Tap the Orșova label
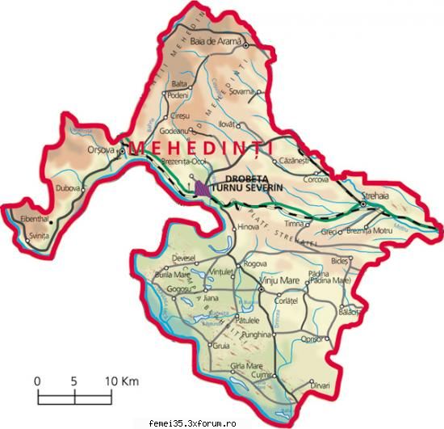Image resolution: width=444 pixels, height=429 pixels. (x=101, y=150)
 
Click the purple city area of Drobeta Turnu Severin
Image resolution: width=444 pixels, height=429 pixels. (x=199, y=187)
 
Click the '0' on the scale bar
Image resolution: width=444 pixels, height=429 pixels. (x=37, y=381)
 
